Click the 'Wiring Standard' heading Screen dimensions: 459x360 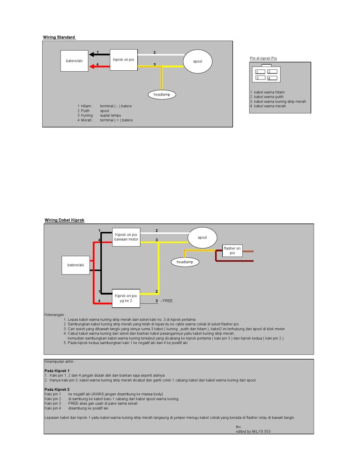point(59,37)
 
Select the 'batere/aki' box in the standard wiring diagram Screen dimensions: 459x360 point(75,61)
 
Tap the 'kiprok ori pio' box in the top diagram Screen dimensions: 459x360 point(124,60)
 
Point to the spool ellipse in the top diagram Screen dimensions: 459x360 point(197,61)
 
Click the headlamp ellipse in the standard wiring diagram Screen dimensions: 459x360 point(162,95)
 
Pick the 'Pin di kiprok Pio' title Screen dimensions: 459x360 point(263,58)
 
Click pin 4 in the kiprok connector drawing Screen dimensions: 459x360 point(272,78)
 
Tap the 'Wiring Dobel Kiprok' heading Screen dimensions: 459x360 point(64,220)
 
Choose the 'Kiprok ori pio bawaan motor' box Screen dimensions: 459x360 point(126,237)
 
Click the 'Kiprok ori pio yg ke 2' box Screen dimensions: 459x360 point(126,298)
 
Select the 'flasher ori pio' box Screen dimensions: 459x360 point(232,251)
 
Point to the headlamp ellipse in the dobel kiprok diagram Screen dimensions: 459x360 point(185,262)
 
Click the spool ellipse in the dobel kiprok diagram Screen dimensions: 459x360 point(202,237)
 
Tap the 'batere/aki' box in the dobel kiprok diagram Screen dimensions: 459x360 point(75,265)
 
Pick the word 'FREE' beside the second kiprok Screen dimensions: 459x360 point(167,301)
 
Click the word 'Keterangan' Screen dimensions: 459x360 point(55,315)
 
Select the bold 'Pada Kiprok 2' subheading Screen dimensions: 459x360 point(57,389)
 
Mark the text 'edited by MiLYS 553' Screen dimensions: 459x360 point(253,431)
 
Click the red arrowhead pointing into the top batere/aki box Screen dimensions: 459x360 point(91,67)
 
